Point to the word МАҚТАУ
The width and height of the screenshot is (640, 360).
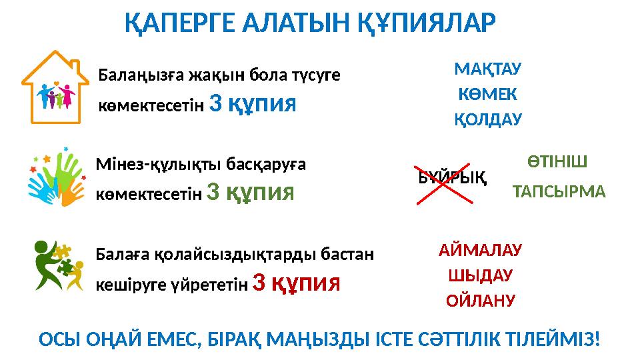point(487,69)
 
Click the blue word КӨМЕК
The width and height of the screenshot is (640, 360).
point(487,95)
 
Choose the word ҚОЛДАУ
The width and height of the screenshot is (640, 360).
point(487,120)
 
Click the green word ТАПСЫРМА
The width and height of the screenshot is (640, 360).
point(559,193)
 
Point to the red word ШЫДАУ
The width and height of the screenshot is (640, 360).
point(480,275)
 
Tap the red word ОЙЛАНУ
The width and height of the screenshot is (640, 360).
point(480,301)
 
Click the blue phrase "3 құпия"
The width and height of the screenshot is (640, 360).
point(253,103)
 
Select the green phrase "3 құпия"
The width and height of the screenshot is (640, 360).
point(251,192)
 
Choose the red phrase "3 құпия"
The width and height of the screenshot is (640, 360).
point(297,283)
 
